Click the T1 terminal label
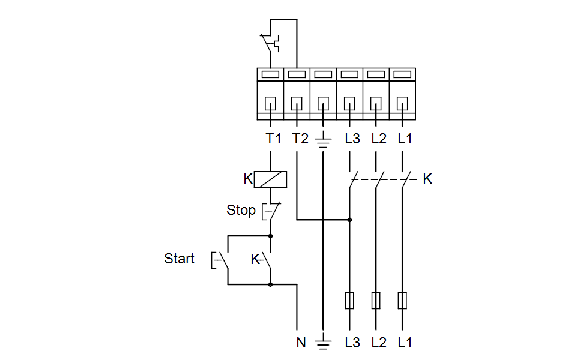coord(273,139)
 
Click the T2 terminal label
coord(300,139)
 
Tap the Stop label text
coord(240,210)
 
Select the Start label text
coord(179,259)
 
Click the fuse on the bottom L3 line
coord(349,301)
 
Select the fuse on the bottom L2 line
coord(376,301)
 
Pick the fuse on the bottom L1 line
coord(402,301)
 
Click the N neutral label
coord(301,343)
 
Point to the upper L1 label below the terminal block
coord(405,139)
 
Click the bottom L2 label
coord(379,343)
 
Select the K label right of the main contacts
coord(427,179)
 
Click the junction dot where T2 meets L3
coord(349,220)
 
